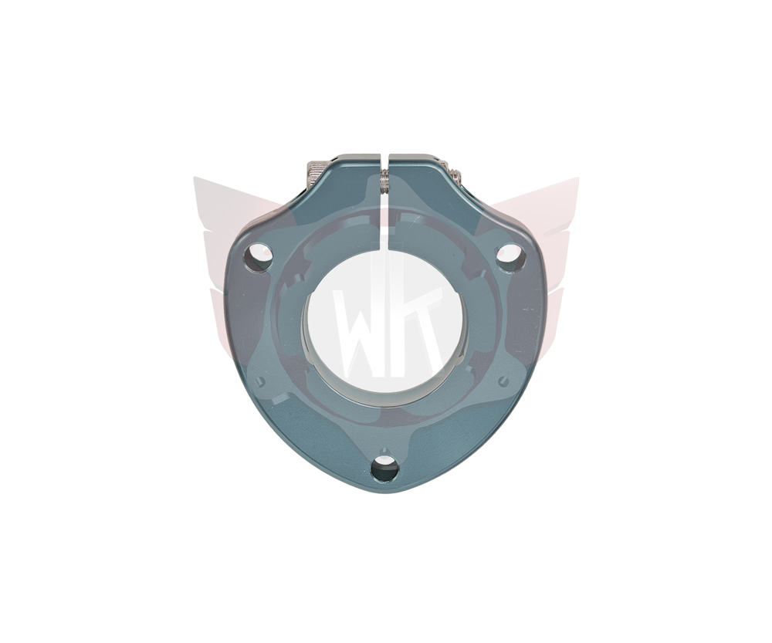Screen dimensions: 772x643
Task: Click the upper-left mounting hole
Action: point(258,257)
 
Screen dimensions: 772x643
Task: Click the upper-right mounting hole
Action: point(510,258)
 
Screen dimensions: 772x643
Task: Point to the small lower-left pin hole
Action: point(260,381)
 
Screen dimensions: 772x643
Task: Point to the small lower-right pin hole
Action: point(503,381)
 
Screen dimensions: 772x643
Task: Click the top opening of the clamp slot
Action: point(385,157)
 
